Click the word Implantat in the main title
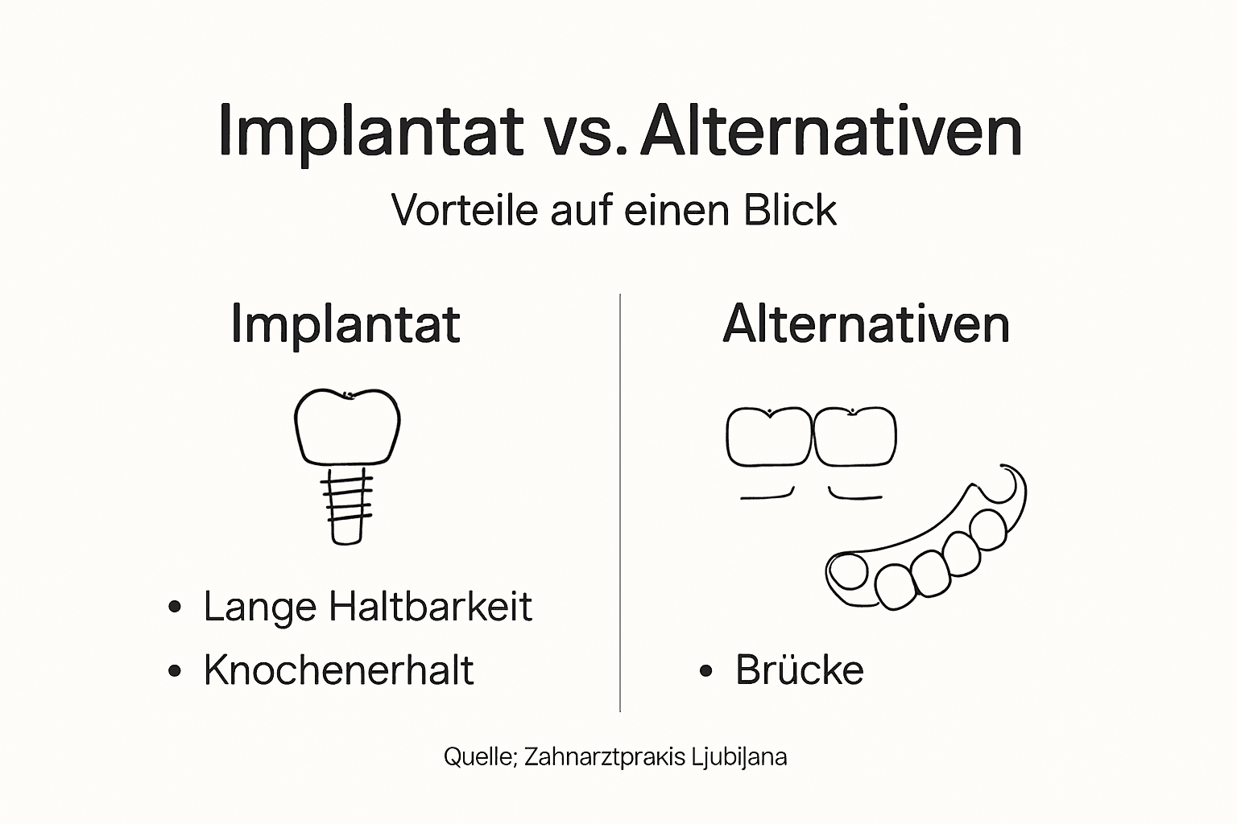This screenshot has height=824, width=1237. coord(370,131)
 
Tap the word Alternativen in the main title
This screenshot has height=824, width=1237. coord(831,131)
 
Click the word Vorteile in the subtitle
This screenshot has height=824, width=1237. coord(464,210)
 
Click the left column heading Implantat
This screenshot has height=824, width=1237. coord(345,324)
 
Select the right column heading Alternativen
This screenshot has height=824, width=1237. coord(866,324)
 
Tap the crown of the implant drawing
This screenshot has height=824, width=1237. coord(347,427)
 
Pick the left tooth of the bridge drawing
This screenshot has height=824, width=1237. coord(769,437)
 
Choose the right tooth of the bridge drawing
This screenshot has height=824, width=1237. coord(855,437)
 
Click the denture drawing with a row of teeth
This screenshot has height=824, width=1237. coord(926,547)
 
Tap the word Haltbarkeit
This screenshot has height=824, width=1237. coord(430,607)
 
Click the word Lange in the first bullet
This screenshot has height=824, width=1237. coord(260,607)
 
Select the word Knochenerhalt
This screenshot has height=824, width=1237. coord(338,670)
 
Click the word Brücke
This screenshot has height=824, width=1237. coord(799,670)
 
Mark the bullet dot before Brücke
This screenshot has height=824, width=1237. coord(706,671)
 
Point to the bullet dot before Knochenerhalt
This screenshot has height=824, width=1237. coord(175,671)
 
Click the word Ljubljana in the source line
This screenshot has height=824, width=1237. coord(738,757)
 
